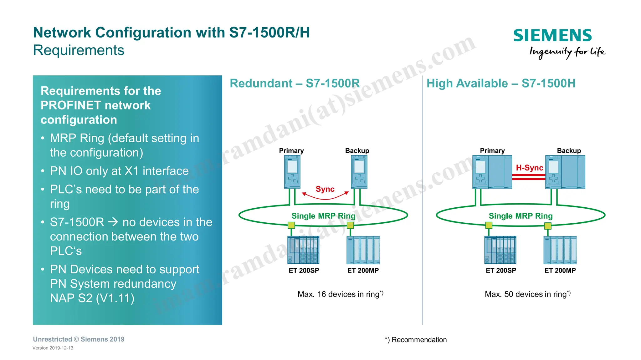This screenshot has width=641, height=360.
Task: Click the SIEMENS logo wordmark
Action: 552,35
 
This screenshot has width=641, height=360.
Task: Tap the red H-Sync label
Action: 529,168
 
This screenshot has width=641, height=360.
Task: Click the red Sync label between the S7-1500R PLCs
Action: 325,189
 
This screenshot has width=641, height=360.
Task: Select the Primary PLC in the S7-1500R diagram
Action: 292,172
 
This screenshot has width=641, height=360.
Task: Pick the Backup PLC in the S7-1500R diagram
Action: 359,172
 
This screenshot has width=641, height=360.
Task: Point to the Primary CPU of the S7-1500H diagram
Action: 492,172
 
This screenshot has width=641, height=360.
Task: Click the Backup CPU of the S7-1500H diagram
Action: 565,172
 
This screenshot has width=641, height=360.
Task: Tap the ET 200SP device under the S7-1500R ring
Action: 303,250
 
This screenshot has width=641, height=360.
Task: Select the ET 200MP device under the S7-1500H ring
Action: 560,250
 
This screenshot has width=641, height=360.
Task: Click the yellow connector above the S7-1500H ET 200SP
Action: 489,225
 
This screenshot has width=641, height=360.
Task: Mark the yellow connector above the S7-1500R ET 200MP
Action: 350,225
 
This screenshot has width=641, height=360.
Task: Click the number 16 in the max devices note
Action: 321,294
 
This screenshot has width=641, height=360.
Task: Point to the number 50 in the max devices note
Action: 509,294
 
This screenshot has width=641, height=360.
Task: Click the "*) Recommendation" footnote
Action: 416,340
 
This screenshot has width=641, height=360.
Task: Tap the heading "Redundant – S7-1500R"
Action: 295,84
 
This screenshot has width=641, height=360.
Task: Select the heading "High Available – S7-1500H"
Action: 501,84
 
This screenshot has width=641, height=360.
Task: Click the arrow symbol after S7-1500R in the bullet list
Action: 113,222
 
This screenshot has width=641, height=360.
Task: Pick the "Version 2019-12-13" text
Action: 53,348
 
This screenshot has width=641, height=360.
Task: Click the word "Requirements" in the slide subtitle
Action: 79,50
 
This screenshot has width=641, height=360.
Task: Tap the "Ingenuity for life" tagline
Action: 567,52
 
